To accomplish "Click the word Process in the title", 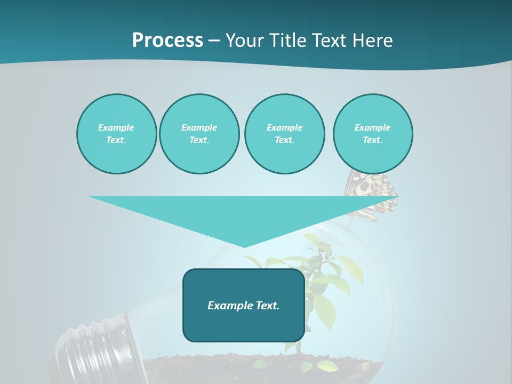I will pyautogui.click(x=167, y=40).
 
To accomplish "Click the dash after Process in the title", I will pyautogui.click(x=214, y=41).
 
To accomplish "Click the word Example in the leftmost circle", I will pyautogui.click(x=116, y=127).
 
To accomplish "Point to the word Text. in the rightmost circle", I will pyautogui.click(x=373, y=140).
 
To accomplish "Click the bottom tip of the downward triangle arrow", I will pyautogui.click(x=244, y=246).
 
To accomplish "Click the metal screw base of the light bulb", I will pyautogui.click(x=93, y=352).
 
